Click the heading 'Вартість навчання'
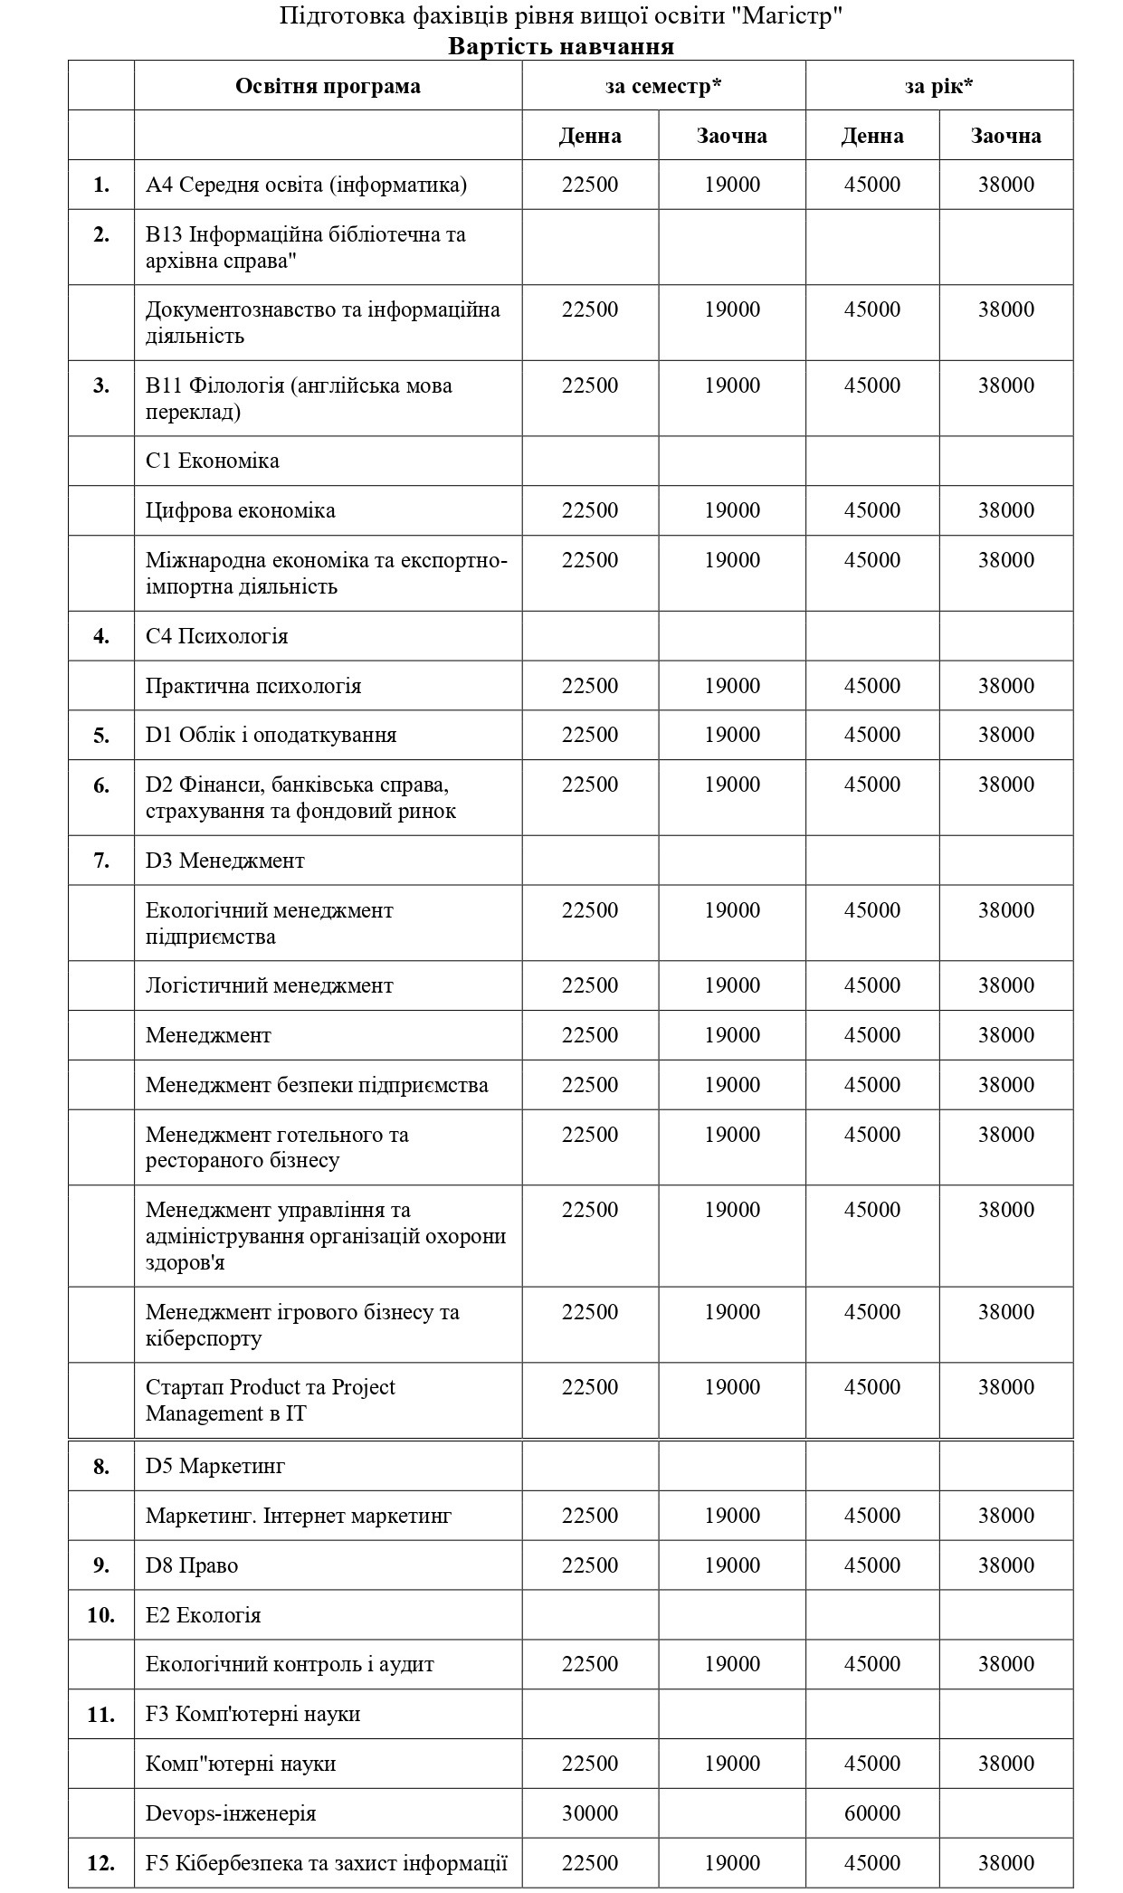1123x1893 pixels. click(561, 46)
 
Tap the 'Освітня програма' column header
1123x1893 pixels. click(328, 86)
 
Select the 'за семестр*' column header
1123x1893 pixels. click(663, 86)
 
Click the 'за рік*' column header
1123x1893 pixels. click(938, 86)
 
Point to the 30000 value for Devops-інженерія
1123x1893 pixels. click(590, 1813)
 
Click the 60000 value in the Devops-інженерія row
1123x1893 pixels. click(872, 1813)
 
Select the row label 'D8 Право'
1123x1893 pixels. click(192, 1565)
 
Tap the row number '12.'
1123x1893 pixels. click(100, 1863)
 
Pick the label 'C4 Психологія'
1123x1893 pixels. click(216, 636)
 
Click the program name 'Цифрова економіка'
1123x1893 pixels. click(240, 510)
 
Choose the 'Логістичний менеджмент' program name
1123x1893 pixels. click(269, 985)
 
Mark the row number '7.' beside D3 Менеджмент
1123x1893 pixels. click(100, 861)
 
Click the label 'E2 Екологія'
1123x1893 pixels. click(203, 1615)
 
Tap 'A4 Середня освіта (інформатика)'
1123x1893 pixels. click(306, 185)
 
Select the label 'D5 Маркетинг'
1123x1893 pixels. click(215, 1466)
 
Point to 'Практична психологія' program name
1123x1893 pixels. click(253, 686)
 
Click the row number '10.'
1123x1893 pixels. click(100, 1615)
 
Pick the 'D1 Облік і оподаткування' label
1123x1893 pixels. click(271, 735)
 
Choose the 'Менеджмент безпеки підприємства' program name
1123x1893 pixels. click(317, 1085)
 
